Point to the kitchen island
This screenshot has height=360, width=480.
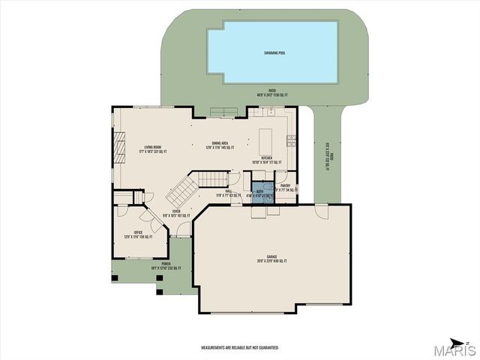click(265, 141)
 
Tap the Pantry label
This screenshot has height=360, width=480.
click(285, 185)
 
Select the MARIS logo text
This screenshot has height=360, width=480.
click(453, 350)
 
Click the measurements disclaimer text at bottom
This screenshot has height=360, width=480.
click(240, 347)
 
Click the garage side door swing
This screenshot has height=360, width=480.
click(322, 211)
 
